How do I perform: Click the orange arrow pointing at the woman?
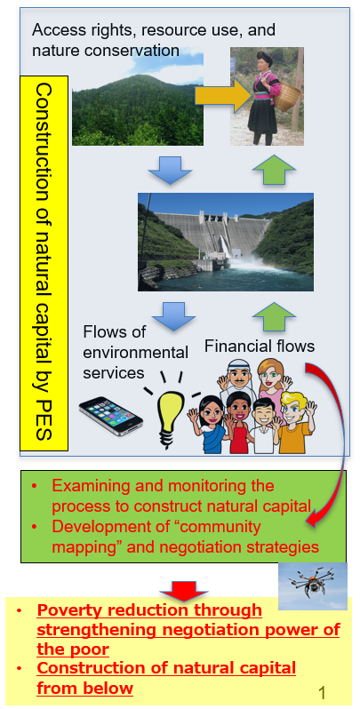[222, 95]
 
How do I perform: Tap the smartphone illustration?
[111, 416]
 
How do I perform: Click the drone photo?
[313, 586]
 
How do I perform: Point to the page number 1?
[322, 693]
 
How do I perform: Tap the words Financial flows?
[260, 347]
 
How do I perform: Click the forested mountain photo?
[138, 99]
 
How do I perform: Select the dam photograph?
[226, 242]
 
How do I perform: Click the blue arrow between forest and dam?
[171, 170]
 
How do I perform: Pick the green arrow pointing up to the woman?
[274, 170]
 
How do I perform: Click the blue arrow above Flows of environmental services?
[173, 316]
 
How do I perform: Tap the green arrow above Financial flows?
[274, 316]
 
